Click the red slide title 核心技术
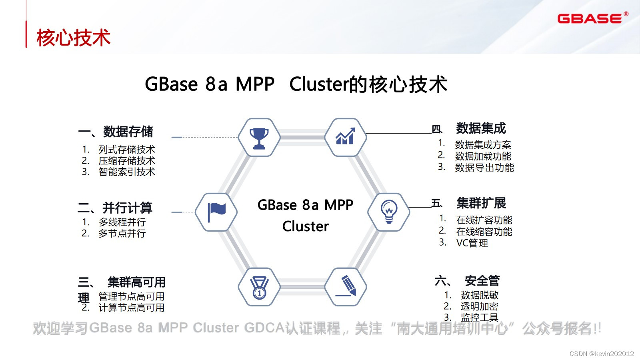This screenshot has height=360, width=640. point(73,38)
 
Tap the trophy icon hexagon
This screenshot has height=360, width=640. point(259,138)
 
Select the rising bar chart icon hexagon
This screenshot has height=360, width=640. point(345,137)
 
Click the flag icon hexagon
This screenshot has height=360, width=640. point(216,212)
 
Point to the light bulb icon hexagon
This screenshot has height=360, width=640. point(388,212)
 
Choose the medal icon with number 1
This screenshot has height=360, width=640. point(259,287)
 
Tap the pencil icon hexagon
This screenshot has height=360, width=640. point(345,287)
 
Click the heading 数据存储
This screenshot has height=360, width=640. point(128,132)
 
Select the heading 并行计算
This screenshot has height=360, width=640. point(127,208)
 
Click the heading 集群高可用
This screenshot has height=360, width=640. point(136,282)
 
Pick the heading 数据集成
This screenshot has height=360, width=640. point(481,128)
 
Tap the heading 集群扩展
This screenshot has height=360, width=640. point(481,203)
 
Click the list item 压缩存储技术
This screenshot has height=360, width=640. point(127,161)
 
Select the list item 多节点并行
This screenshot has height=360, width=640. point(122,233)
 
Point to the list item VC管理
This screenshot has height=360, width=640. point(472,243)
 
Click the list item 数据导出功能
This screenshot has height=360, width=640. point(484,168)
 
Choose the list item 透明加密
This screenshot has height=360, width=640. point(479,306)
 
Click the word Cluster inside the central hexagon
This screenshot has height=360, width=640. point(305,226)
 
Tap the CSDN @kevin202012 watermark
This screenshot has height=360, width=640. point(602,354)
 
